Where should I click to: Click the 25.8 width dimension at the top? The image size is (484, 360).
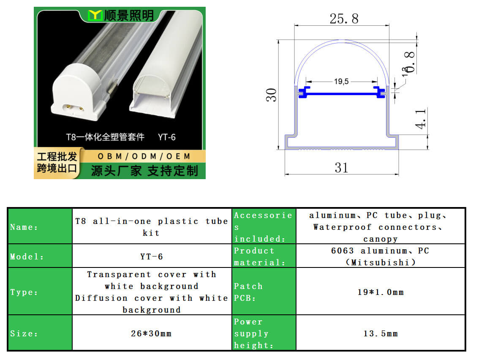tap(344, 19)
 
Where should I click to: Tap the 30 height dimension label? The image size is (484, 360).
tap(271, 95)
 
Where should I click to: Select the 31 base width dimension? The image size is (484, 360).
tap(341, 168)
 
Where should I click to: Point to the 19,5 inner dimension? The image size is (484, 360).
tap(341, 82)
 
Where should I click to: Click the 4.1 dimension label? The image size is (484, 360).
tap(420, 119)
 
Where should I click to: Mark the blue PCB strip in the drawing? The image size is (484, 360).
tap(341, 93)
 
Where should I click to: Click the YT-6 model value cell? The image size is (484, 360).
tap(152, 256)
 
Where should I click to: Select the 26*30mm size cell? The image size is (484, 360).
tap(152, 333)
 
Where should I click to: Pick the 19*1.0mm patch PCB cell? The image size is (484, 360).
tap(381, 292)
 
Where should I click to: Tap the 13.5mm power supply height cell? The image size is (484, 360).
tap(381, 333)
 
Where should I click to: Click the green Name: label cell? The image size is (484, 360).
tap(40, 226)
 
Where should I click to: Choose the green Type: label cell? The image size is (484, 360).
tap(40, 292)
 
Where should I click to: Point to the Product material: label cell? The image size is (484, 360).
tap(264, 256)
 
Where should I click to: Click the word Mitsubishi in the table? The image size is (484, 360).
tap(380, 262)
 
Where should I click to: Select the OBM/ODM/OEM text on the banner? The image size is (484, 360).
tap(144, 156)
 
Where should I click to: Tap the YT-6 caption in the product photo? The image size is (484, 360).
tap(167, 137)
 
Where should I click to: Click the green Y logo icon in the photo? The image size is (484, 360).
tap(95, 15)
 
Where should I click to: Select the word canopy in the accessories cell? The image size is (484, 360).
tap(380, 239)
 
